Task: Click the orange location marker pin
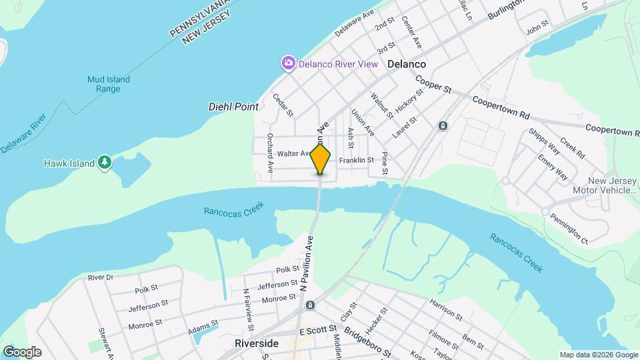[321, 159]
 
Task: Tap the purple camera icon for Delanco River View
[289, 63]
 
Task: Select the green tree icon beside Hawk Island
[104, 162]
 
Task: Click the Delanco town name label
[406, 64]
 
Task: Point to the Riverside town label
[257, 343]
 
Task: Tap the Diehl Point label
[233, 106]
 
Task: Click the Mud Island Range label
[108, 84]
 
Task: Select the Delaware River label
[24, 133]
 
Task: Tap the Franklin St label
[356, 161]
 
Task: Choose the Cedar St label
[283, 104]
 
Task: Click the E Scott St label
[318, 330]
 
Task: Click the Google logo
[22, 351]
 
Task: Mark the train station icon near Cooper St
[443, 126]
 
